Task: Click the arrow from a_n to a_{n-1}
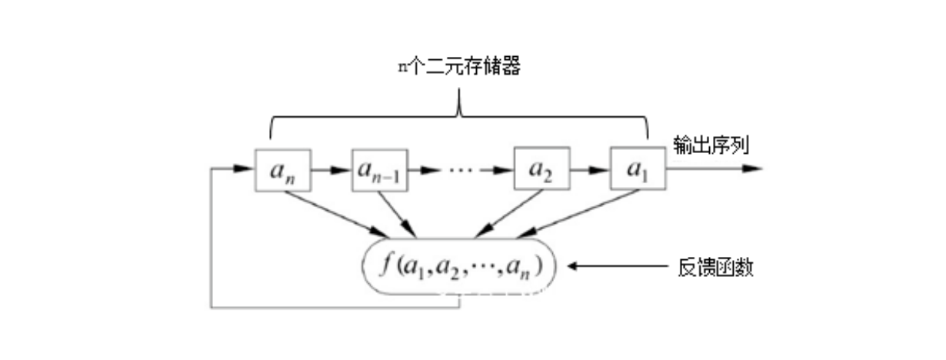[x=331, y=169]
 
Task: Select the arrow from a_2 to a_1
[x=590, y=169]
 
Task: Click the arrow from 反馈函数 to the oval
[x=615, y=268]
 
